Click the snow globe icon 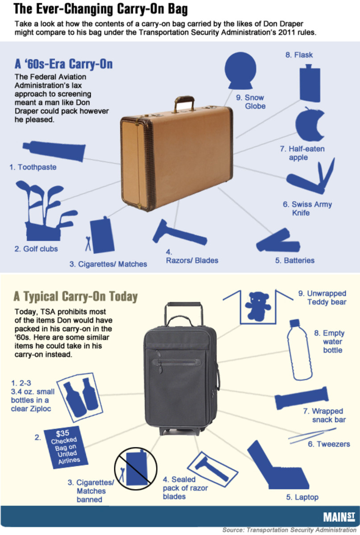pyautogui.click(x=240, y=70)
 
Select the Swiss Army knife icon pyautogui.click(x=311, y=177)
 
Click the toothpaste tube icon pyautogui.click(x=54, y=151)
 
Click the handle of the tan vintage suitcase pyautogui.click(x=184, y=103)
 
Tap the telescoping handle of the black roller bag pyautogui.click(x=184, y=313)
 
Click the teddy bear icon pyautogui.click(x=258, y=306)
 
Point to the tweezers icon pyautogui.click(x=312, y=436)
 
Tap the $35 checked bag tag pyautogui.click(x=66, y=447)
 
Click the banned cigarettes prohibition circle pyautogui.click(x=136, y=469)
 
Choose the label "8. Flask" pyautogui.click(x=299, y=55)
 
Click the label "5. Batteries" pyautogui.click(x=295, y=260)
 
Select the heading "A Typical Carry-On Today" pyautogui.click(x=75, y=296)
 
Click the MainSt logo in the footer pyautogui.click(x=339, y=517)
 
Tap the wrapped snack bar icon pyautogui.click(x=302, y=398)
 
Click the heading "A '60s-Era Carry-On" pyautogui.click(x=64, y=64)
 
